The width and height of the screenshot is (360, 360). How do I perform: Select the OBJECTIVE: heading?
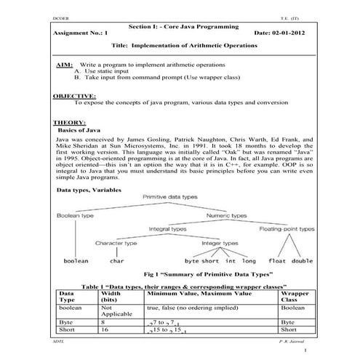75,96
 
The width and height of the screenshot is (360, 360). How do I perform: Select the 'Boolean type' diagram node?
76,217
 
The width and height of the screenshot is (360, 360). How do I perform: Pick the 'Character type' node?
116,243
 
